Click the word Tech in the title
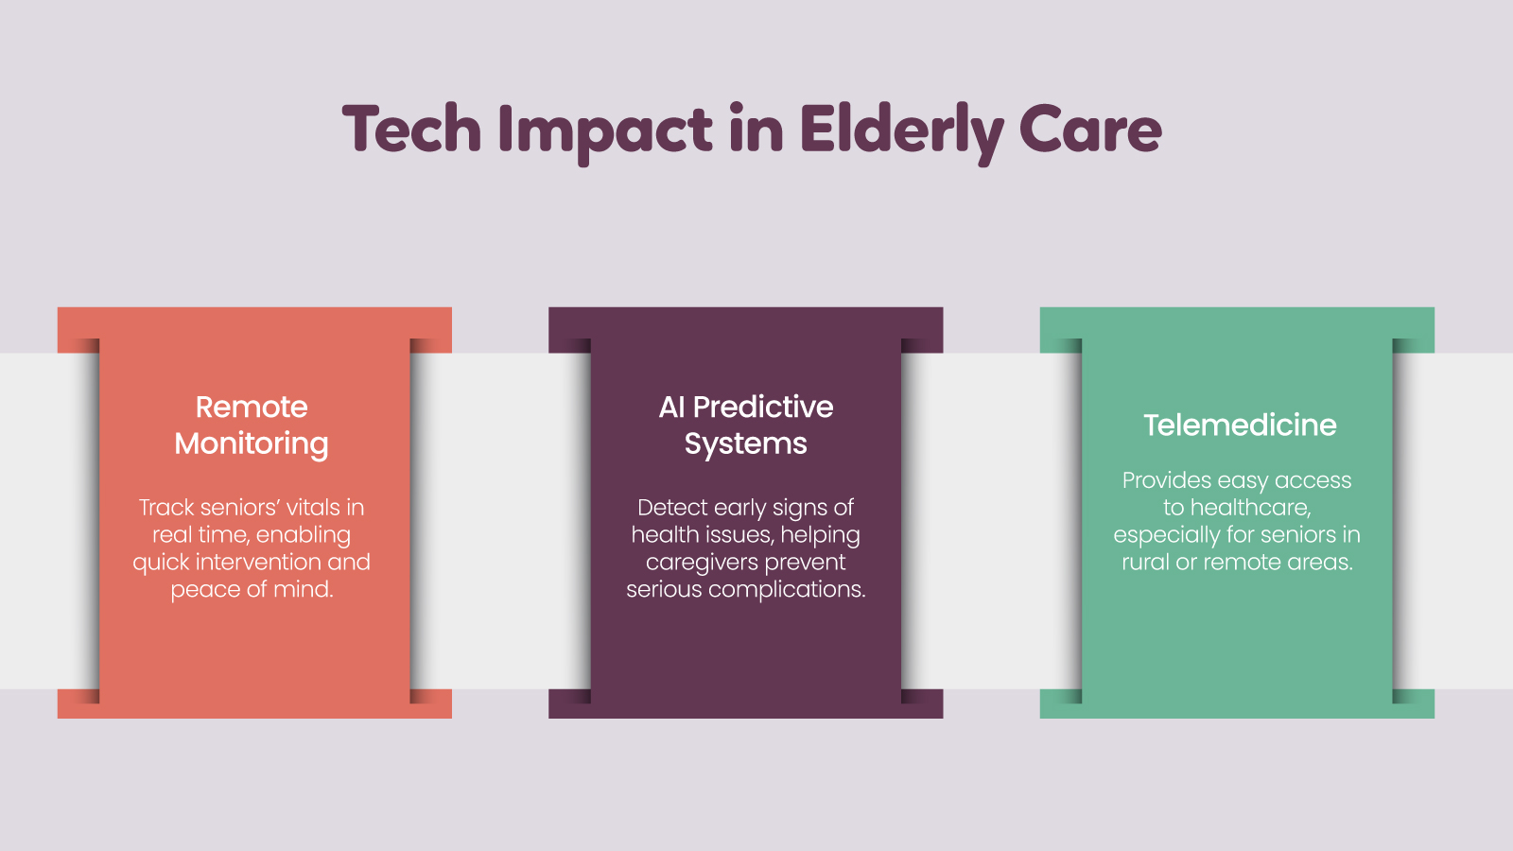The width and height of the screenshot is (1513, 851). (x=412, y=130)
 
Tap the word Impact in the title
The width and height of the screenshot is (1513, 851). (x=605, y=130)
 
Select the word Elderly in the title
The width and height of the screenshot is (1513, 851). (x=900, y=130)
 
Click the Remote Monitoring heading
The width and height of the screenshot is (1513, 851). (x=252, y=425)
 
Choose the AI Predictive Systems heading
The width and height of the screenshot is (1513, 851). (x=746, y=425)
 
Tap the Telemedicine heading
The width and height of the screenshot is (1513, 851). (x=1240, y=425)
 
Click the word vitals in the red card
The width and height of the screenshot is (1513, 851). (x=313, y=508)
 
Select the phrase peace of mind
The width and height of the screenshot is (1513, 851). (x=252, y=590)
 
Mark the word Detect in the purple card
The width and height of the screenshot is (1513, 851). (x=672, y=508)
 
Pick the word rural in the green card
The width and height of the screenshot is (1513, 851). (x=1145, y=563)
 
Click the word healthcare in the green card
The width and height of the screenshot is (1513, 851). (x=1249, y=508)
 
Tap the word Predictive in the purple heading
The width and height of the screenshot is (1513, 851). (x=763, y=407)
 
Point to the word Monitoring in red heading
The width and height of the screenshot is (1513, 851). (x=252, y=443)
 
